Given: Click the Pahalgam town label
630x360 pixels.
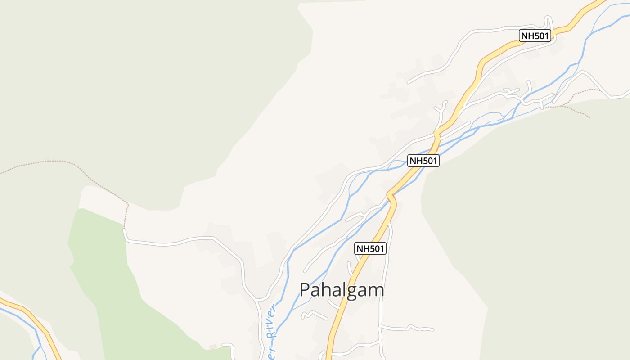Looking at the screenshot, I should click(x=342, y=290).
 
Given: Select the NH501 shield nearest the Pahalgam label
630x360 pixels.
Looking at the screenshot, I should click(x=371, y=248).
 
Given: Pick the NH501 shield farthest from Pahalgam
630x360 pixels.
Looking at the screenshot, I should click(x=535, y=36).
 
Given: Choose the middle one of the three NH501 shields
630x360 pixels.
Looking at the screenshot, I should click(x=423, y=161).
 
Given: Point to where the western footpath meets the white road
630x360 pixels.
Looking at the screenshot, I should click(x=124, y=229).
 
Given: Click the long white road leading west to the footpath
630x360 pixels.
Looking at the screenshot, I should click(x=180, y=241).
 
